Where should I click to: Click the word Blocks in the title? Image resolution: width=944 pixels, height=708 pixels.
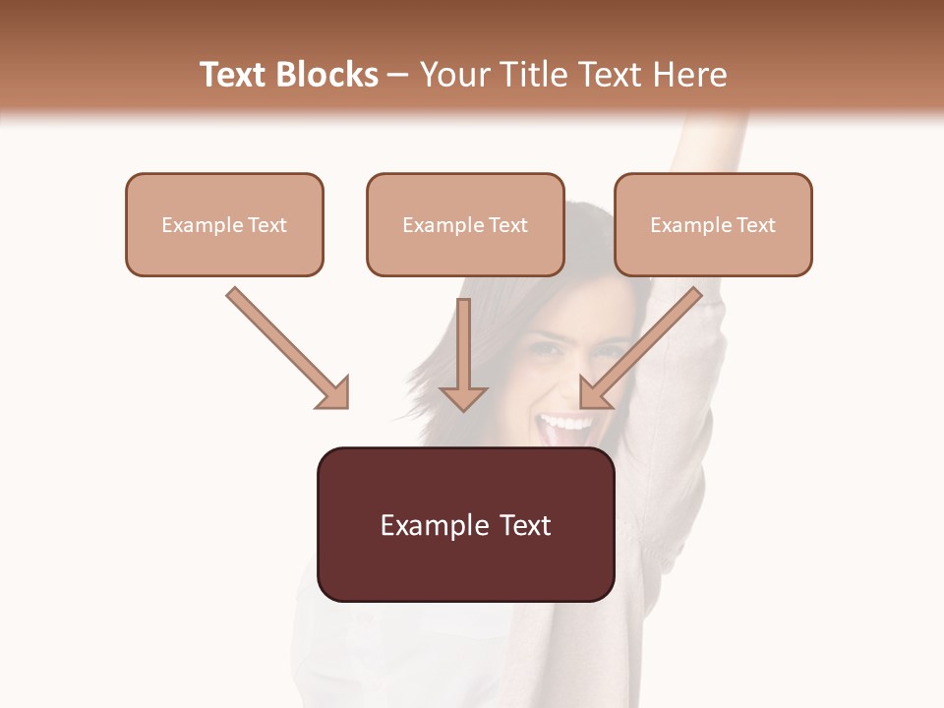[326, 75]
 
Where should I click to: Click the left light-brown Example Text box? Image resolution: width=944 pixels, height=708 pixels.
[224, 224]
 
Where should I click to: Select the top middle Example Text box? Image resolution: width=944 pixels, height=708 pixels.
[465, 224]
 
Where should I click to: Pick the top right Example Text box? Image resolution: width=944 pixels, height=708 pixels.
[713, 224]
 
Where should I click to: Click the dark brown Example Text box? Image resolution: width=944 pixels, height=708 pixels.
[465, 525]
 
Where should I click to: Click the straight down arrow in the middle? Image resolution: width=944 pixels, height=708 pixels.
[463, 354]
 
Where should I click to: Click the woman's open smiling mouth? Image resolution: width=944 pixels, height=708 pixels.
[565, 427]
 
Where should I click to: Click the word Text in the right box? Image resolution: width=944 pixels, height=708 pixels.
[756, 225]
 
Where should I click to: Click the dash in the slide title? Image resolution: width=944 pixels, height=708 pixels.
[398, 75]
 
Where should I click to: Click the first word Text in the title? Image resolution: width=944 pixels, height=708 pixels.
[233, 75]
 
